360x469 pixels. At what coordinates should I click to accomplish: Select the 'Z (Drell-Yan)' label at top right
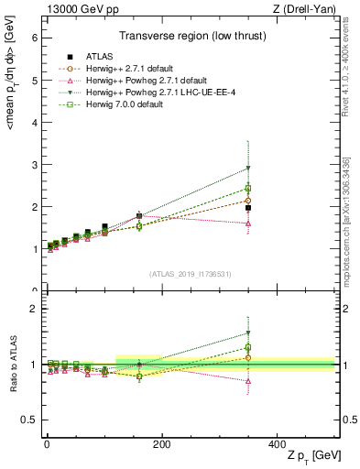(304, 8)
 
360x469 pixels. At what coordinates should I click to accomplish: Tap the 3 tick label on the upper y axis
(34, 165)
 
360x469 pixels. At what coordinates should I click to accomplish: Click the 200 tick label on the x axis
(161, 442)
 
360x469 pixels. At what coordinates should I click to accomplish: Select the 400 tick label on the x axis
(277, 442)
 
